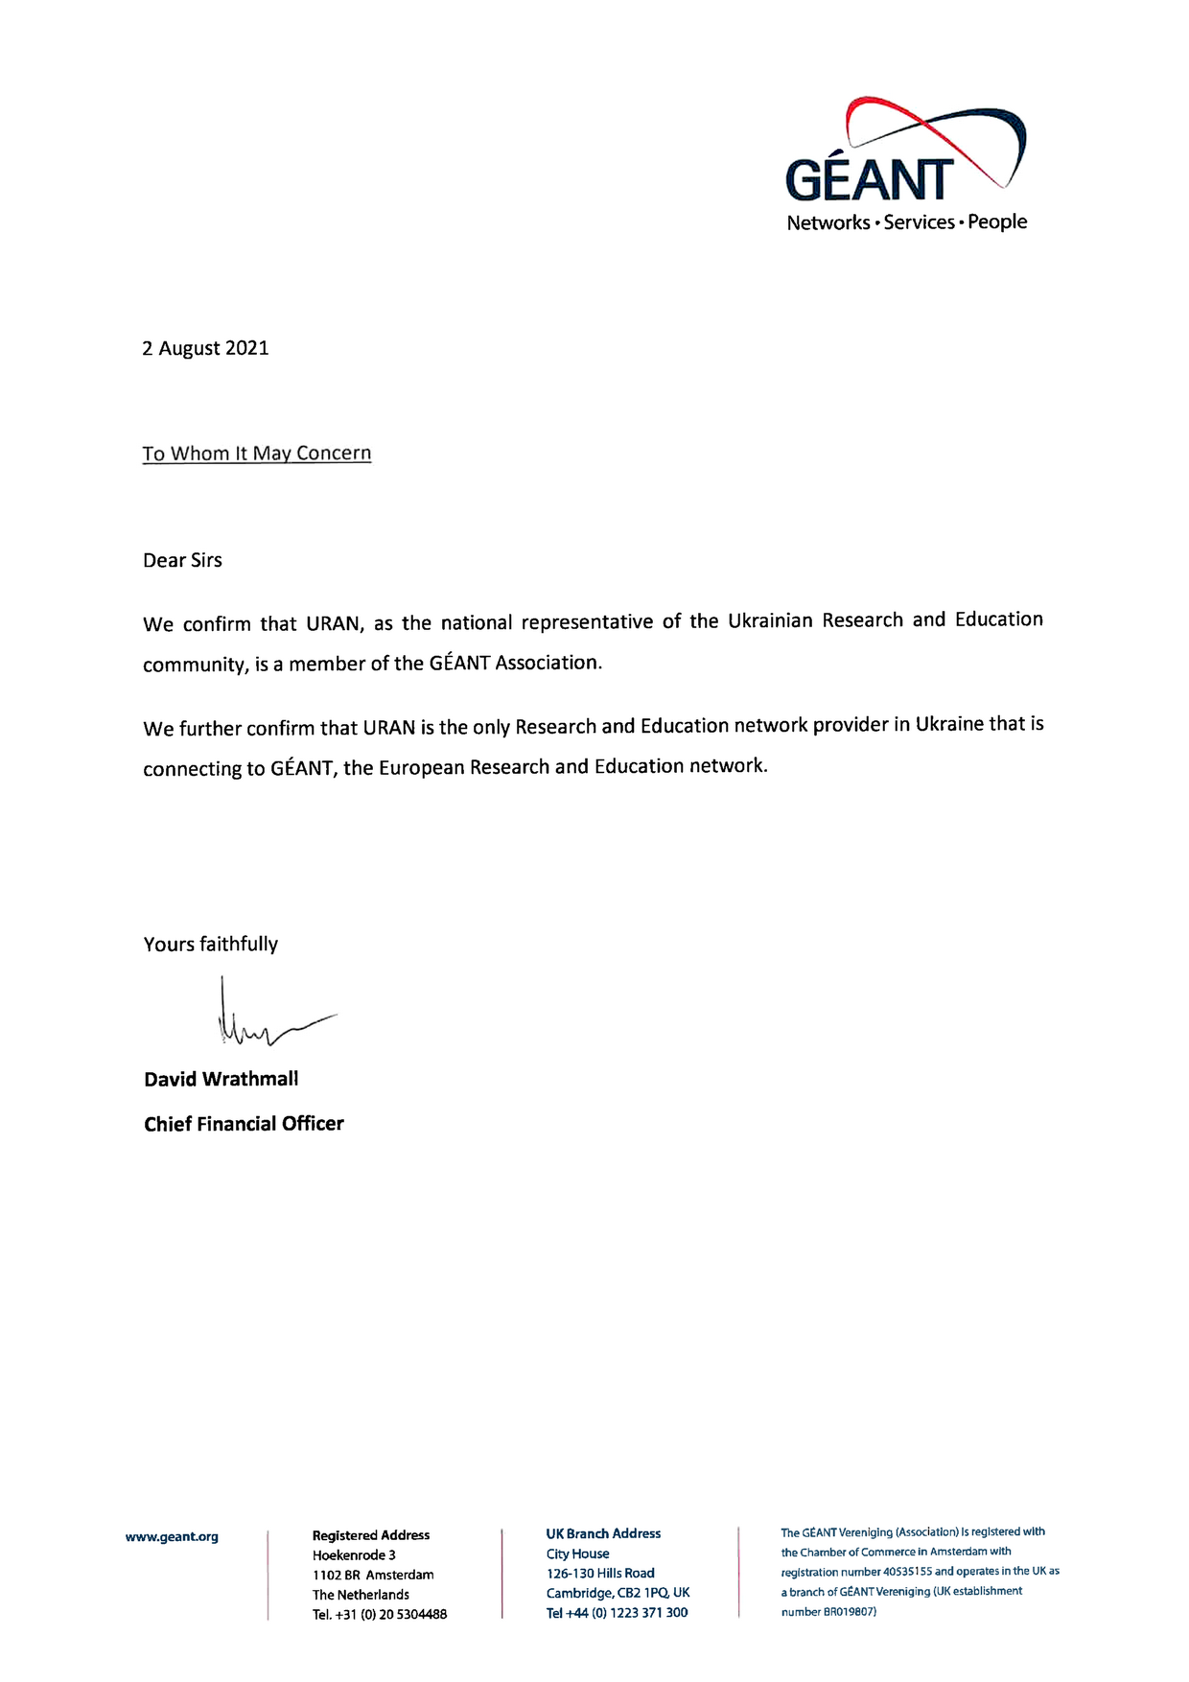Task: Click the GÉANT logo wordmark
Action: point(869,178)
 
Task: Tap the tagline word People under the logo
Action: point(997,222)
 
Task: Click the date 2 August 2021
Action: point(205,348)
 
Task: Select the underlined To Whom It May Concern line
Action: point(256,454)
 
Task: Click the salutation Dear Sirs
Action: point(182,561)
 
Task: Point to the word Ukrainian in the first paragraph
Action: point(770,620)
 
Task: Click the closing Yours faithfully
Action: point(210,945)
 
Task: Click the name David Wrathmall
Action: point(221,1080)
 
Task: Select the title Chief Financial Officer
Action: point(244,1124)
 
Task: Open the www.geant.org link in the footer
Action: point(172,1537)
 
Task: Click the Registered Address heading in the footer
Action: point(371,1535)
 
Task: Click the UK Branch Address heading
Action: point(603,1533)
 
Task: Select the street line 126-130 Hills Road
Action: point(600,1573)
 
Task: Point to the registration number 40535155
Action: point(907,1572)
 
